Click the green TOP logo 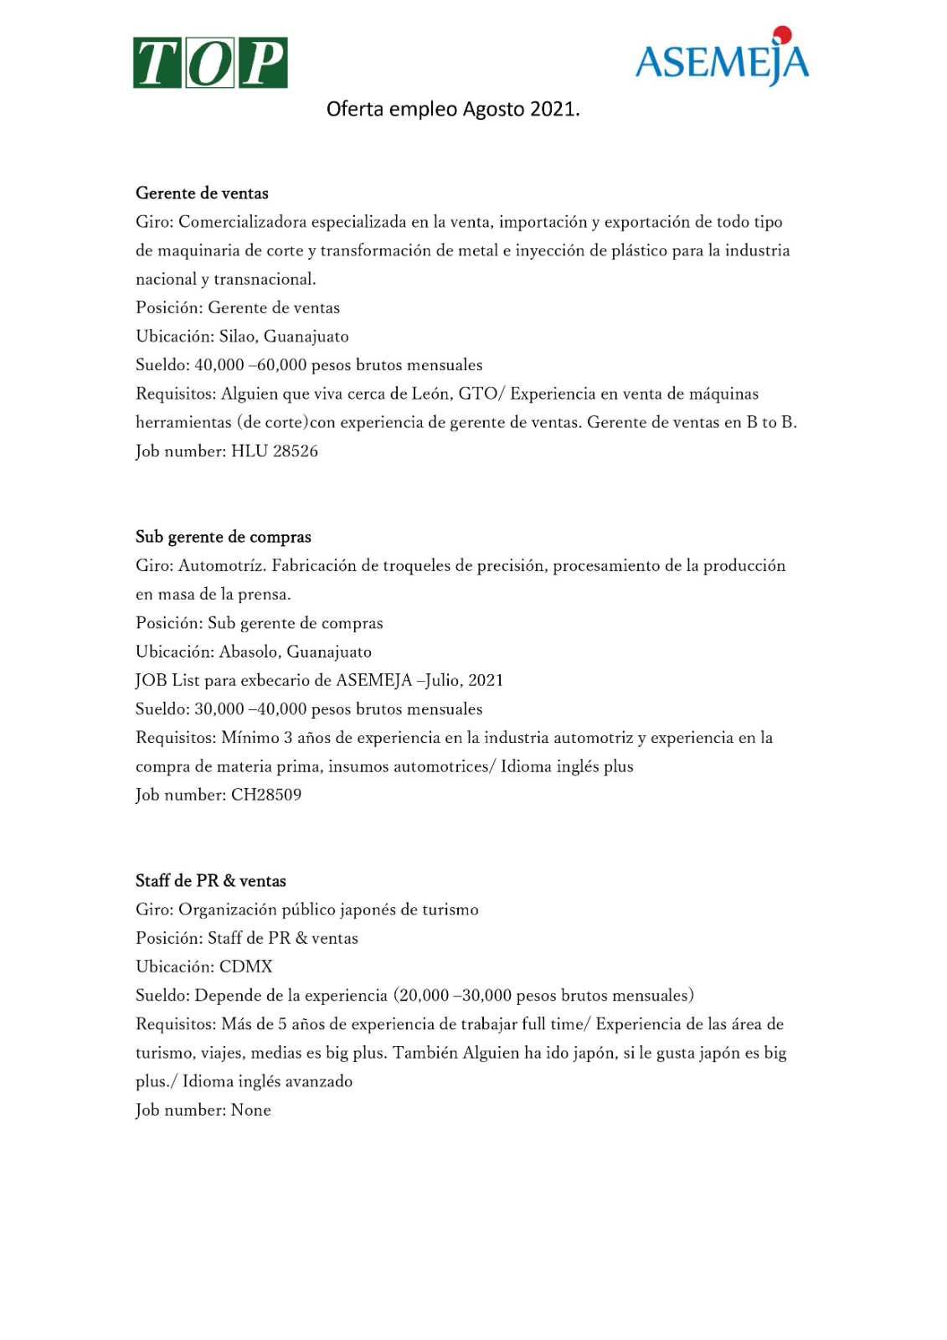point(210,63)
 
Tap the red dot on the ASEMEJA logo point(782,34)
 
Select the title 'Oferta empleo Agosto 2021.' point(452,109)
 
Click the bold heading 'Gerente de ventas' point(202,193)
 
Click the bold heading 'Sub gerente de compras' point(223,537)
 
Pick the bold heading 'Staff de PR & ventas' point(210,881)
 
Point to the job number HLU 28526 point(274,451)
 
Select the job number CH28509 point(265,795)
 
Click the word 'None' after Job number point(250,1111)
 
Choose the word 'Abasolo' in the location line point(249,652)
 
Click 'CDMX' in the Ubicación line point(245,966)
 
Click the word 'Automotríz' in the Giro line point(222,566)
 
